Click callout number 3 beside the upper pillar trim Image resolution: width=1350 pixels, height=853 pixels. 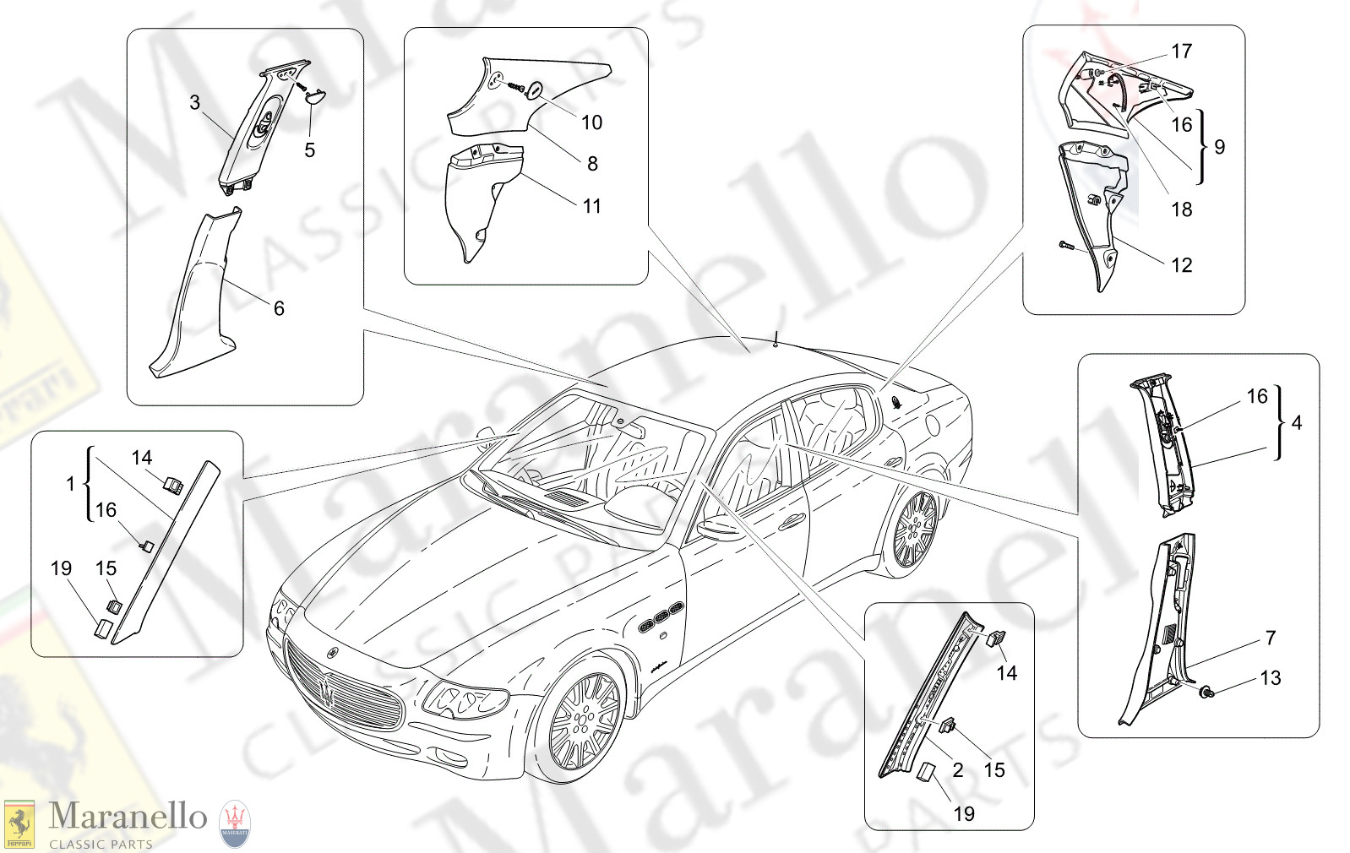195,102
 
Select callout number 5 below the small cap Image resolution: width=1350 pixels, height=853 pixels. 310,150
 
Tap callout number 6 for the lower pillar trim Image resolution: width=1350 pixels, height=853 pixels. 279,308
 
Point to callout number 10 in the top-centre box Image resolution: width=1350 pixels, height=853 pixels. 591,122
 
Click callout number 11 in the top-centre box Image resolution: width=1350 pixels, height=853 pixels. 591,206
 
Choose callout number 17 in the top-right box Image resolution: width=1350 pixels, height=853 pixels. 1181,52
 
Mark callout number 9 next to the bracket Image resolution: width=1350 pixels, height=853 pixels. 1219,147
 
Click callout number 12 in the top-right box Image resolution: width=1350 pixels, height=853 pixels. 1181,265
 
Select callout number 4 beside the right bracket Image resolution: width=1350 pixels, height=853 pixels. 1297,422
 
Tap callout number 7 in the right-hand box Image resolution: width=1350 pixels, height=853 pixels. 1271,638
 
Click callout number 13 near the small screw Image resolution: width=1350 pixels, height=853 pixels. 1270,678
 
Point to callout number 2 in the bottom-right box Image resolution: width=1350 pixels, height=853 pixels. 957,769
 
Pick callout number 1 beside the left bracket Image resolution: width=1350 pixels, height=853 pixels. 70,484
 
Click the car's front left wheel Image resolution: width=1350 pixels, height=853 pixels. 585,722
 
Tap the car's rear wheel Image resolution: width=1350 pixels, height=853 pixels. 915,530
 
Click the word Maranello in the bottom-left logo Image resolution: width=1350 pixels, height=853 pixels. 128,817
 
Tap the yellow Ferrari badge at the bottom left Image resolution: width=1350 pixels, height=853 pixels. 19,824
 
